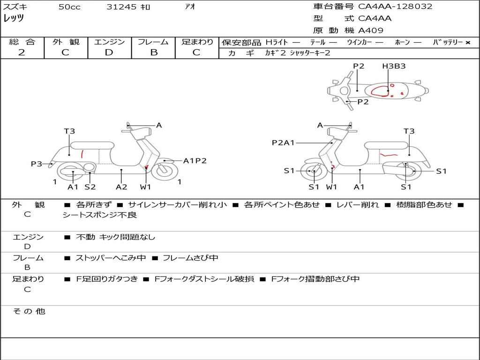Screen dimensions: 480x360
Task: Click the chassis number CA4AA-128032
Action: pyautogui.click(x=395, y=6)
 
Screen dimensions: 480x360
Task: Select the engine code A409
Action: pyautogui.click(x=371, y=30)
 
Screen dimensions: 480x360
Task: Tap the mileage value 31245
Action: pyautogui.click(x=121, y=7)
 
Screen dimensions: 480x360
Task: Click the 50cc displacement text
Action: pyautogui.click(x=69, y=7)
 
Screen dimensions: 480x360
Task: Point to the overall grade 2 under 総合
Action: pyautogui.click(x=22, y=52)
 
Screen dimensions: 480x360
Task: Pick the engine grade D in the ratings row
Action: pyautogui.click(x=109, y=52)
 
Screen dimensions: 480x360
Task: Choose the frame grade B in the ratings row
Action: pyautogui.click(x=154, y=52)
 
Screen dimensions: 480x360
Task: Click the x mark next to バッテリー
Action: pyautogui.click(x=468, y=43)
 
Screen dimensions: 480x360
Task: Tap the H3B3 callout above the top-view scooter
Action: pyautogui.click(x=394, y=66)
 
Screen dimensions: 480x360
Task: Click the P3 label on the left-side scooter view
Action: pyautogui.click(x=37, y=164)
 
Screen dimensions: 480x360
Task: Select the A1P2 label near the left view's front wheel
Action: pyautogui.click(x=195, y=161)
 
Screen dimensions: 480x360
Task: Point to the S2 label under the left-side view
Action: pyautogui.click(x=90, y=187)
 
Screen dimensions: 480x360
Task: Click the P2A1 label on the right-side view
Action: pyautogui.click(x=283, y=142)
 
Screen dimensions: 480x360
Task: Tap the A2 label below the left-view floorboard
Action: pyautogui.click(x=121, y=187)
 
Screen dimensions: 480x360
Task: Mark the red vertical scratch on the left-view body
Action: pyautogui.click(x=82, y=154)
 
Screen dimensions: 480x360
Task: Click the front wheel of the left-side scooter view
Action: pyautogui.click(x=165, y=171)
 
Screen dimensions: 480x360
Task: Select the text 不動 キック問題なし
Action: pyautogui.click(x=115, y=237)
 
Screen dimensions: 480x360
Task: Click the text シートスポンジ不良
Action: pyautogui.click(x=99, y=215)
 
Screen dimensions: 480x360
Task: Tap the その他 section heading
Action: pyautogui.click(x=29, y=311)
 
